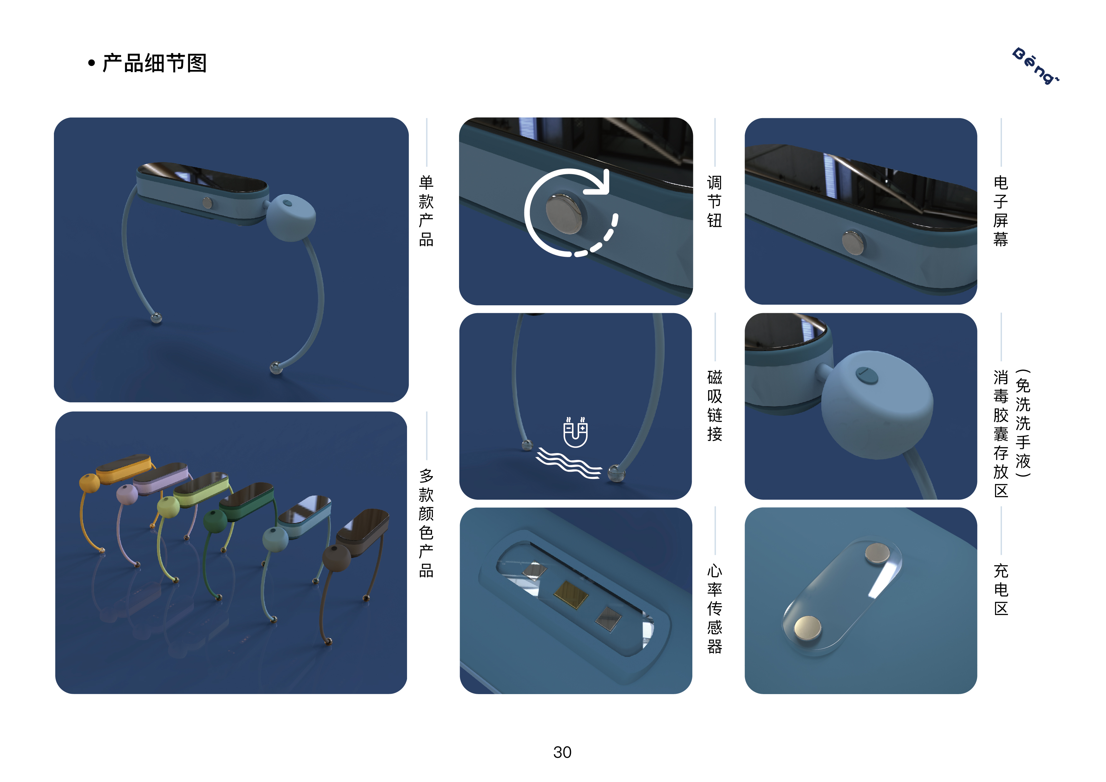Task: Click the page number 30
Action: [562, 752]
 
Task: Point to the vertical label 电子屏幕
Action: [1000, 211]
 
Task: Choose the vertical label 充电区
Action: [1000, 589]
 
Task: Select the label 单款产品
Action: [426, 211]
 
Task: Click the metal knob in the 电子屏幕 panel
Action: [853, 242]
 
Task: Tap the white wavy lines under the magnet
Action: [568, 463]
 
